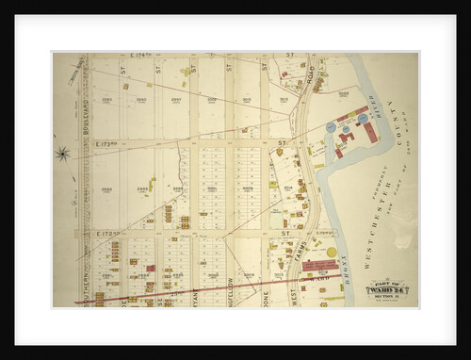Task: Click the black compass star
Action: [63, 154]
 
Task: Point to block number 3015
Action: [284, 99]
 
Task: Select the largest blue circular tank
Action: [331, 126]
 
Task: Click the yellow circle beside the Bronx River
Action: [332, 252]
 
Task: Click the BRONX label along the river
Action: [345, 270]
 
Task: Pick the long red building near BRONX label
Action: [321, 267]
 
